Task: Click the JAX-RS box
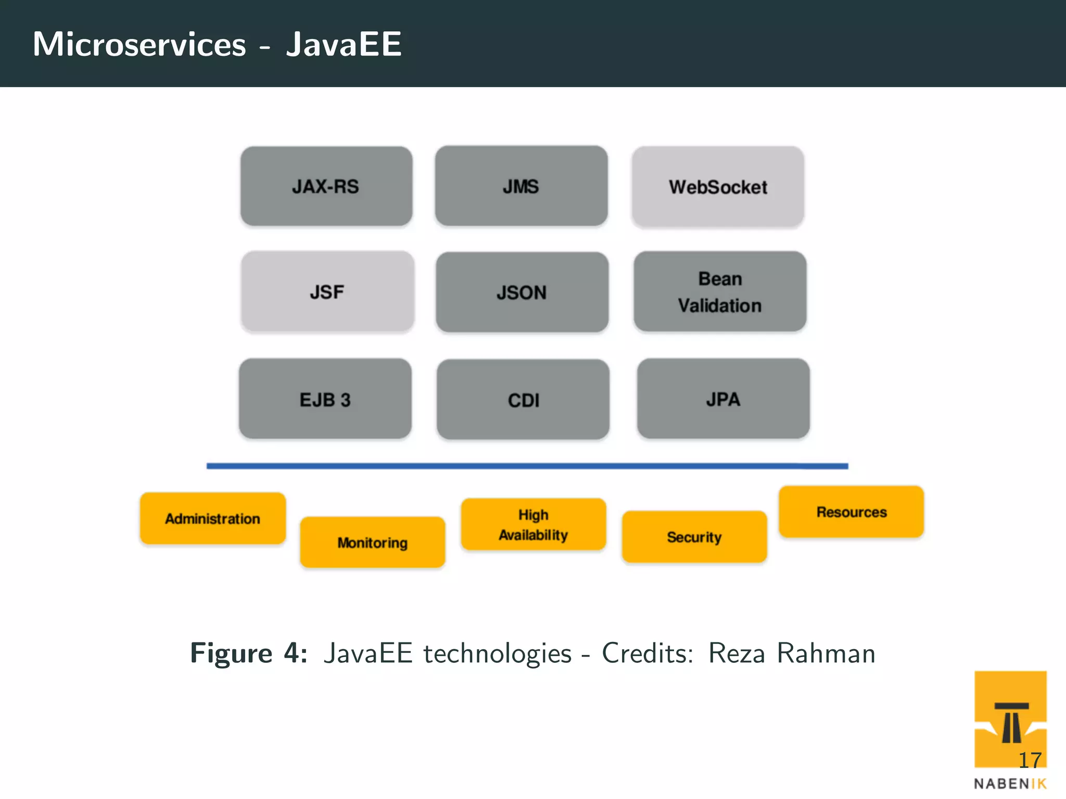[326, 186]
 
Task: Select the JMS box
[521, 186]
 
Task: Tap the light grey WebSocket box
[718, 187]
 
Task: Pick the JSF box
[327, 292]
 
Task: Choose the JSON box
[522, 292]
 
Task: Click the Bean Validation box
[720, 292]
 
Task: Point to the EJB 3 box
[325, 399]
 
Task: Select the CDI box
[523, 399]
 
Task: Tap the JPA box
[723, 398]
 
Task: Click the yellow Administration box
[213, 518]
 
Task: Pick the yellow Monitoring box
[373, 542]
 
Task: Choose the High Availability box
[534, 524]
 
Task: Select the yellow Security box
[694, 537]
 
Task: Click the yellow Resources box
[852, 512]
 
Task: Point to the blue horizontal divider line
[527, 466]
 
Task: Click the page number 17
[1030, 761]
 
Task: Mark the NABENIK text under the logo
[1010, 784]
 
